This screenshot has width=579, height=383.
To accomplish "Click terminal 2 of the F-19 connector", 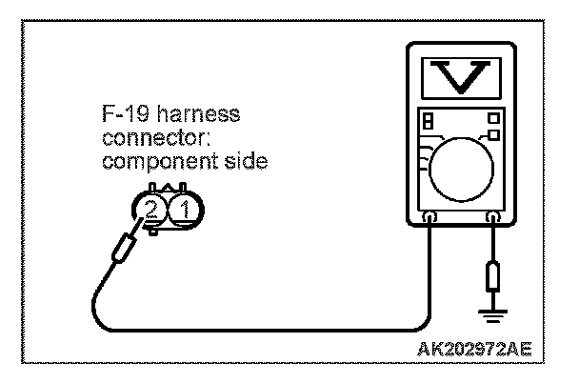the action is click(x=150, y=208).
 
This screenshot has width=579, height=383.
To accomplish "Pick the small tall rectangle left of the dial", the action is click(x=428, y=122).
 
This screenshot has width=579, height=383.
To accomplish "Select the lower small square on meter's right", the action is click(x=494, y=135).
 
